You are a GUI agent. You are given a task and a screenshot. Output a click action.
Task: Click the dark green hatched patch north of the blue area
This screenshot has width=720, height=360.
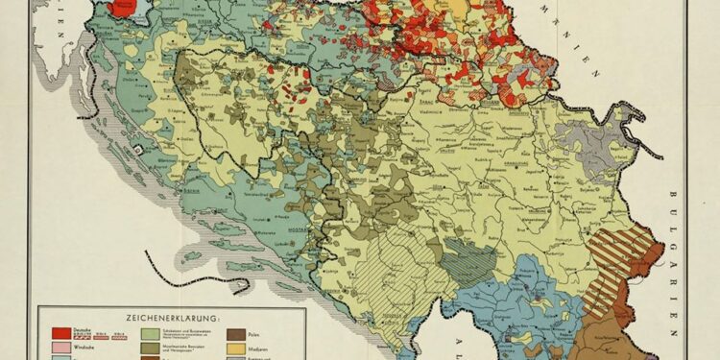[470, 257]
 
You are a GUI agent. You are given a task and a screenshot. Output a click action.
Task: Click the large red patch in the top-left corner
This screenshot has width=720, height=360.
[122, 8]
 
